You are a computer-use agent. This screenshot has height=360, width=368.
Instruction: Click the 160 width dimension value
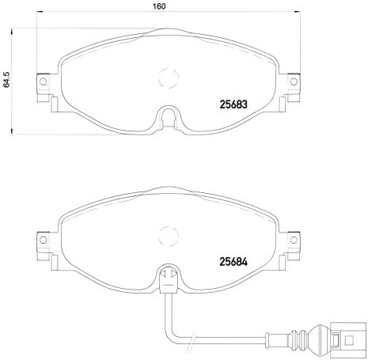coord(159,6)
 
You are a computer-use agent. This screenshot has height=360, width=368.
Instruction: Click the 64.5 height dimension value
coord(6,79)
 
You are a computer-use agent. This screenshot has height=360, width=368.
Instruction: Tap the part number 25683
coord(233,104)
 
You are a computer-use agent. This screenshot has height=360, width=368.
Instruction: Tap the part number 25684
coord(233,262)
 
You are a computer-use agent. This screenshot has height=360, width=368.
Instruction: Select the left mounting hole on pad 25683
coord(43,81)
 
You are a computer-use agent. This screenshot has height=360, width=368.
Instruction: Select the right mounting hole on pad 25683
coord(294,81)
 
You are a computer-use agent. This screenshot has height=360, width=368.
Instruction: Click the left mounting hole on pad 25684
coord(43,240)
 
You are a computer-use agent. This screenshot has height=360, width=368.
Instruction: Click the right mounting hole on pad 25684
coord(294,240)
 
